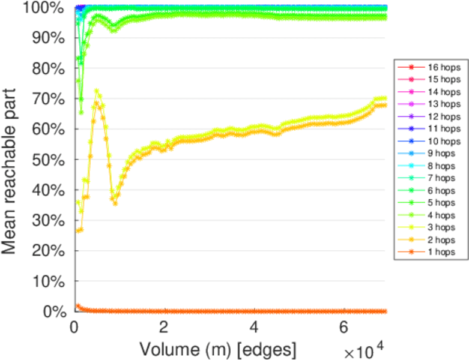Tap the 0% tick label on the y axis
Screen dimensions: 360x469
(x=52, y=311)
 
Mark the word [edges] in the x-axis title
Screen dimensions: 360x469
(x=265, y=348)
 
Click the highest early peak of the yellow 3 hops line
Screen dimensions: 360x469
(x=97, y=91)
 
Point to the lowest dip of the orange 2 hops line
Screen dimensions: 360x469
(x=115, y=203)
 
